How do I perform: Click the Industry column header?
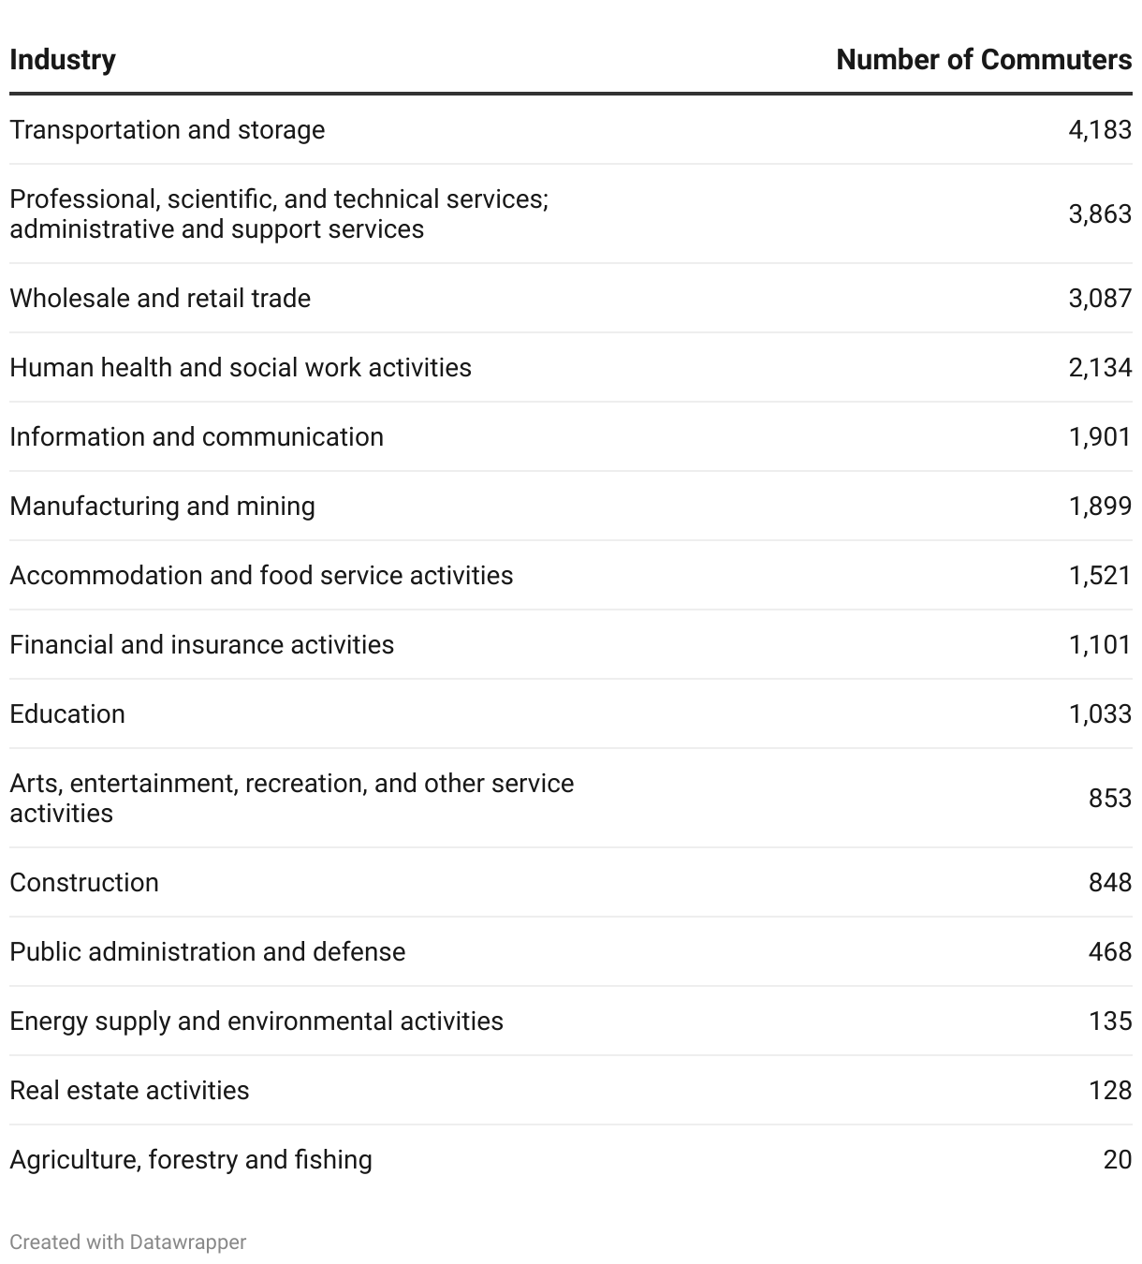tap(63, 60)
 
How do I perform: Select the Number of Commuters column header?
tap(983, 60)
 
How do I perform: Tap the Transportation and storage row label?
tap(168, 129)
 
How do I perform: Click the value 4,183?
tap(1100, 129)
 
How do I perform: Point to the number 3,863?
tap(1100, 213)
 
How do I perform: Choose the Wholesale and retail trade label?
tap(160, 298)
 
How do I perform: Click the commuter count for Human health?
tap(1100, 367)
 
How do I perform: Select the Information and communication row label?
tap(197, 436)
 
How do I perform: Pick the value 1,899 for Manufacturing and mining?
tap(1100, 506)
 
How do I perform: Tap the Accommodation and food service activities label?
tap(261, 575)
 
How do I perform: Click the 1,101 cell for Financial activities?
tap(1100, 644)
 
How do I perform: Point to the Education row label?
tap(67, 713)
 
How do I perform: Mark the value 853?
tap(1110, 798)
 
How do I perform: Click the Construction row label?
tap(84, 882)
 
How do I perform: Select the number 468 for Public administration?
tap(1110, 951)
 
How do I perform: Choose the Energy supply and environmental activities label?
tap(256, 1021)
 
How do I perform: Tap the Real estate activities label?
tap(129, 1090)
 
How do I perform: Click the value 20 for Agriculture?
tap(1118, 1159)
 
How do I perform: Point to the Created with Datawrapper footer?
tap(128, 1242)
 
